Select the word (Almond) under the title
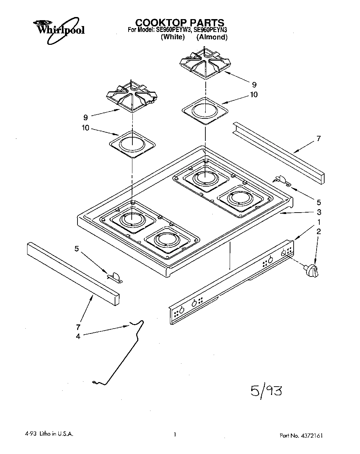click(212, 37)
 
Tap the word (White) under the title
click(172, 37)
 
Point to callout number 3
click(319, 212)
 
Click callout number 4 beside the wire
click(78, 336)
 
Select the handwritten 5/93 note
click(266, 391)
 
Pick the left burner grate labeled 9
click(132, 96)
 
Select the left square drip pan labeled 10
click(132, 144)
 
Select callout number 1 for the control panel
click(319, 222)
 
